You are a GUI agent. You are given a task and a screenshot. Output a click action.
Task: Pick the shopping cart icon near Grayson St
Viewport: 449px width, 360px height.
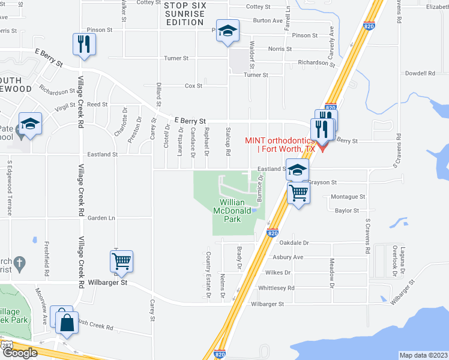(x=298, y=193)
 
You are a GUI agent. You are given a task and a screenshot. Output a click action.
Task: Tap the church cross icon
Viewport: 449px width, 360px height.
(x=19, y=263)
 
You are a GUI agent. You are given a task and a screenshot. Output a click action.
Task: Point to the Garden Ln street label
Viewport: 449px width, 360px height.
(x=101, y=218)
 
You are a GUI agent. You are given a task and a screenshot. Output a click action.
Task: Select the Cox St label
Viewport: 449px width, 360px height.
(x=193, y=86)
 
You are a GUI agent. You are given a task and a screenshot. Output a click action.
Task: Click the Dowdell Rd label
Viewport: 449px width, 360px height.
(x=420, y=73)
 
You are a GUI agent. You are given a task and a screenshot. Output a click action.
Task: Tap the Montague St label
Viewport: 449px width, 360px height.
(x=348, y=197)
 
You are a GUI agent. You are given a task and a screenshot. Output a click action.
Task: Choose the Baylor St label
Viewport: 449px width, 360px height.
(x=347, y=211)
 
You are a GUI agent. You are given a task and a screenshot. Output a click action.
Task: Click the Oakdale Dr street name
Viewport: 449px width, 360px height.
(x=294, y=243)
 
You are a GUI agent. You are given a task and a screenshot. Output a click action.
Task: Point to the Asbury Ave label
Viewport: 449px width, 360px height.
(x=289, y=257)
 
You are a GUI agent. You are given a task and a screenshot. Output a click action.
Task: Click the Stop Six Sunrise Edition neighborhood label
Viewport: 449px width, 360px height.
(x=184, y=14)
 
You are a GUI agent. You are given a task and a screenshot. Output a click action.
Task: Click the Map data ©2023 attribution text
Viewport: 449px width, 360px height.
(x=423, y=355)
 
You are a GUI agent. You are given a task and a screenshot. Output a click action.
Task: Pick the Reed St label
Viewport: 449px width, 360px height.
(x=97, y=104)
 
